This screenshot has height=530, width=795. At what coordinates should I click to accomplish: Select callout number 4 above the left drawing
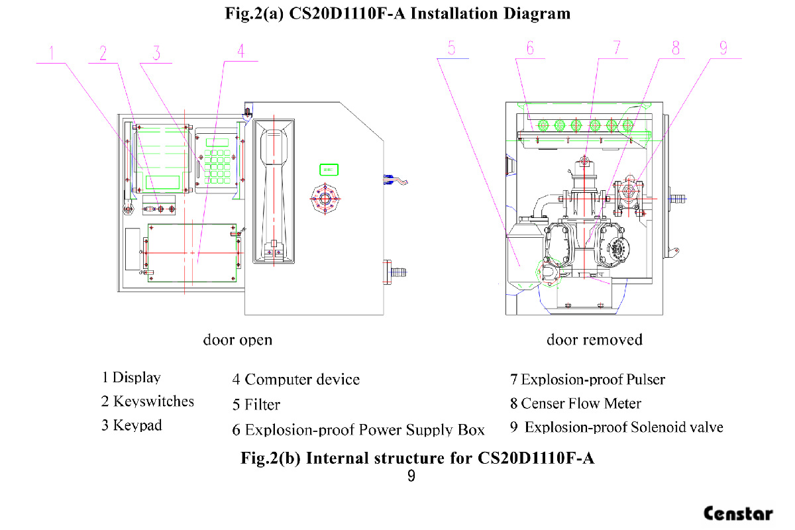(240, 50)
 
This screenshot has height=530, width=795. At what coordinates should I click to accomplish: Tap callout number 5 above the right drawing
(452, 48)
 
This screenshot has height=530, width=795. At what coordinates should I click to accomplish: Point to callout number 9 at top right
(723, 48)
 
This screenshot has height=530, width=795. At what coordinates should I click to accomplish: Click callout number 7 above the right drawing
(616, 48)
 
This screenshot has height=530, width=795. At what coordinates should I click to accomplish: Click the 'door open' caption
(237, 340)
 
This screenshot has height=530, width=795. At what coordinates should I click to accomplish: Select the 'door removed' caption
(594, 340)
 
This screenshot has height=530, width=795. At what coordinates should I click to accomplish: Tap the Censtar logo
(738, 513)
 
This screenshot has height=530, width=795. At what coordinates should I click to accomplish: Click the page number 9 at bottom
(411, 476)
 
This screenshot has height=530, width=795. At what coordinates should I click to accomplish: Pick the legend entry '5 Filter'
(256, 405)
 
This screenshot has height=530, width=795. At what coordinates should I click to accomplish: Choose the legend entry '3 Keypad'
(131, 425)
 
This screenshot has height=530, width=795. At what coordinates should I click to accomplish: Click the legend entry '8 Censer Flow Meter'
(575, 403)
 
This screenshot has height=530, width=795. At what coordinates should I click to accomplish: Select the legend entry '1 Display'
(131, 378)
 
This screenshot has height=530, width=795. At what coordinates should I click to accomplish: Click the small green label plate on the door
(329, 169)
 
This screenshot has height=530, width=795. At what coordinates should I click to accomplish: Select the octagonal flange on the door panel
(324, 199)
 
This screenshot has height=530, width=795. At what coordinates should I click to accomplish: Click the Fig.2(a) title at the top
(397, 13)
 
